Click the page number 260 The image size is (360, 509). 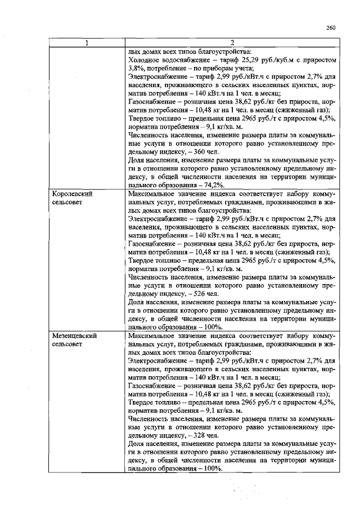point(330,28)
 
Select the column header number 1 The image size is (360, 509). point(87,43)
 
